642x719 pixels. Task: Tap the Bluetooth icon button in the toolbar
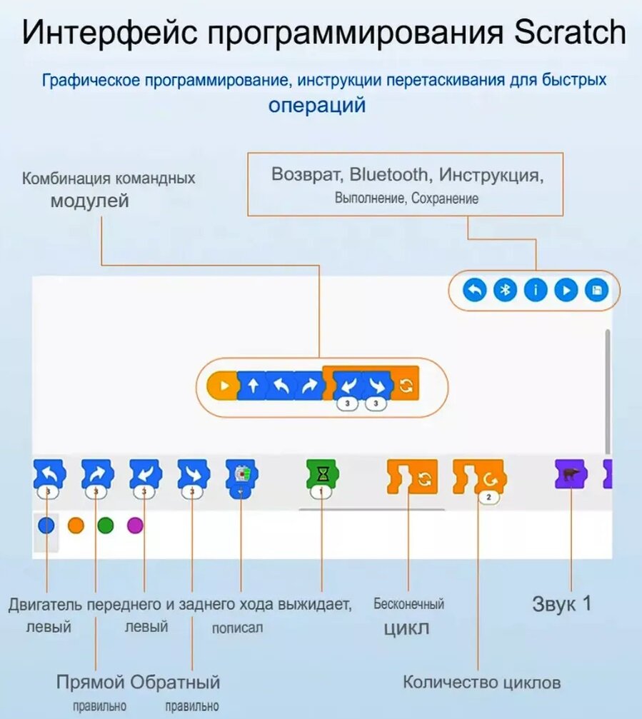pos(505,290)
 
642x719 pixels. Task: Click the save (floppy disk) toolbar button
pos(596,290)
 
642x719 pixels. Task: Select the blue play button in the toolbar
pos(566,290)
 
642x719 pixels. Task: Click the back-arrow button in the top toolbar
pos(474,290)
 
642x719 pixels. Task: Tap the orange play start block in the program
pos(222,386)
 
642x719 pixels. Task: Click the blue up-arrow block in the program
pos(251,386)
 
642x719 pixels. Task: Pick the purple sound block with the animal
pos(570,474)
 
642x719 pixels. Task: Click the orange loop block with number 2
pos(479,476)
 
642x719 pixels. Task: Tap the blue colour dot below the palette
pos(46,526)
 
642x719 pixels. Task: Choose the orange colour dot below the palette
pos(76,526)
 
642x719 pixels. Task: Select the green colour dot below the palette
pos(106,526)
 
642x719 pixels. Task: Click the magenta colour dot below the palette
pos(135,526)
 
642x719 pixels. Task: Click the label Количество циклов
pos(482,682)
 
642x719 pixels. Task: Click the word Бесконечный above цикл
pos(408,604)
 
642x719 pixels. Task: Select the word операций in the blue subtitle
pos(317,105)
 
